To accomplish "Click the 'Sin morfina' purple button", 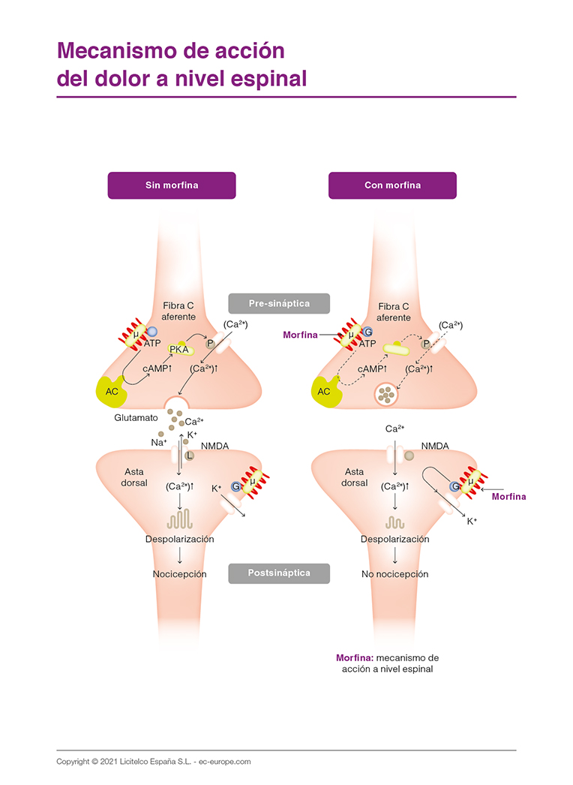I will point(172,185).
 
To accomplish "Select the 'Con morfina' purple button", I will point(392,185).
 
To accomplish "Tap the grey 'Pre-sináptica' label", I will point(279,303).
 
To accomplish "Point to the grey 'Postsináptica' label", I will point(279,573).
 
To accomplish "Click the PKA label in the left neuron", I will point(179,349).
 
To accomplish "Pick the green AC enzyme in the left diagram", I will point(110,390).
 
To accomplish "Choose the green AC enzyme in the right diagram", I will point(325,391).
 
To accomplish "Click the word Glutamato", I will point(136,417).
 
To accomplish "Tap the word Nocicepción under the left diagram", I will point(179,574).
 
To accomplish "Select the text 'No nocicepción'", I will point(394,574).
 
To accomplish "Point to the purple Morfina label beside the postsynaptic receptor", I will point(508,497).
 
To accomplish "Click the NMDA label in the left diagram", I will point(214,446).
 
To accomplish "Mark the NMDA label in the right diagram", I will point(434,446).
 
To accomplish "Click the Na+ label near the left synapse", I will point(159,443).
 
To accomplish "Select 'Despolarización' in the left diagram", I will point(179,539).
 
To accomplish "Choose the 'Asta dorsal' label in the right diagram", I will point(355,477).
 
